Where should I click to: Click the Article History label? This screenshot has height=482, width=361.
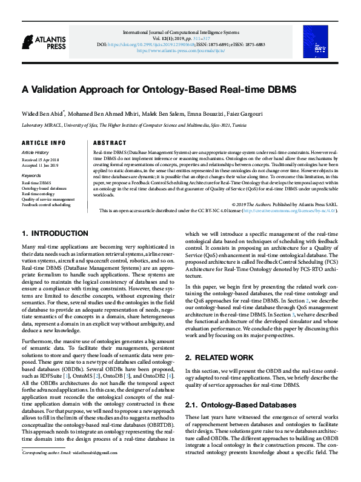(35, 152)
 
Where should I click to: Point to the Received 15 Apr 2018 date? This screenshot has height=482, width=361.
(41, 159)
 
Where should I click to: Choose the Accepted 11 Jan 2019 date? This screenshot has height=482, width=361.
(41, 165)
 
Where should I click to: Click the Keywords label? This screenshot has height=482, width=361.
(31, 175)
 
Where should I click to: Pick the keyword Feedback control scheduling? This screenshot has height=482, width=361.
(46, 205)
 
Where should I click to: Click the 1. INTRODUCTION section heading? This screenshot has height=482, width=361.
(55, 233)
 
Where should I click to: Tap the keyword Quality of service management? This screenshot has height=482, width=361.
(48, 199)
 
